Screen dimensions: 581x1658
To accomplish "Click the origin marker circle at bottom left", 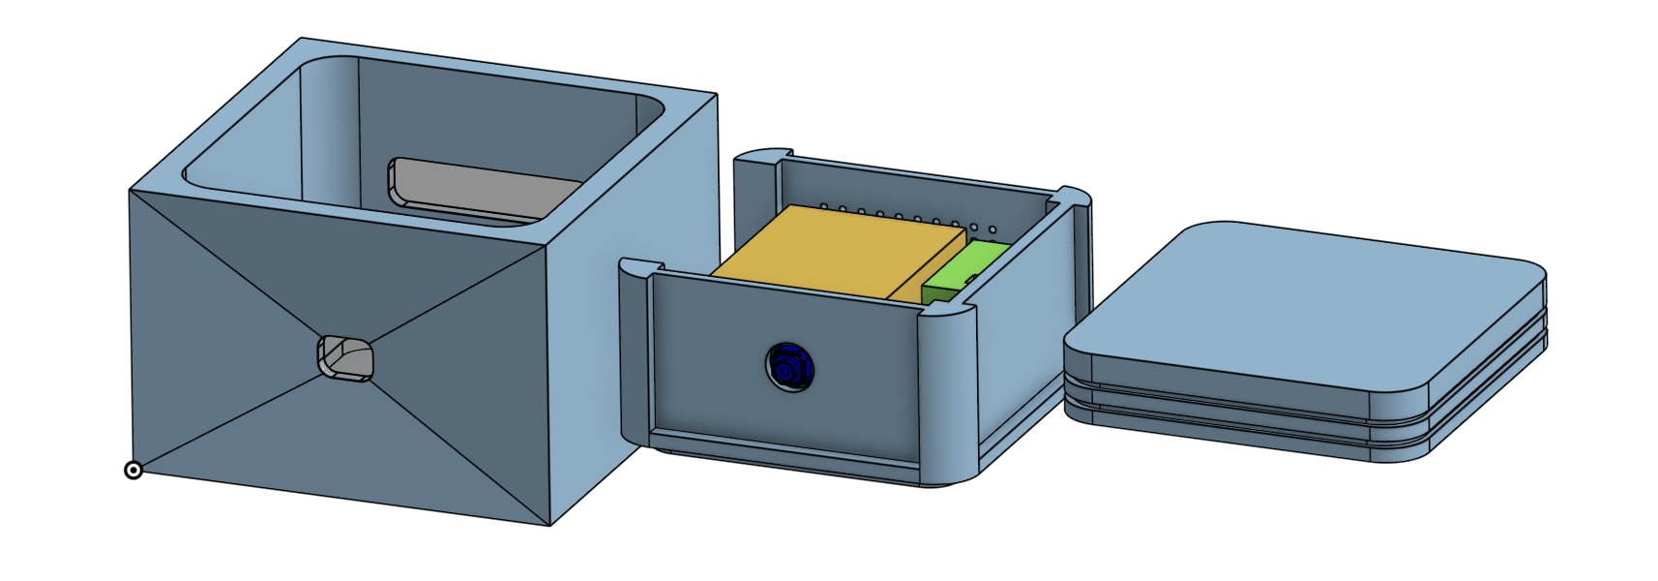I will (133, 471).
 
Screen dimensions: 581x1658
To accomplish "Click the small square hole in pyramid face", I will (345, 359).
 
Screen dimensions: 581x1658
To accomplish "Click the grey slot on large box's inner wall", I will (484, 189).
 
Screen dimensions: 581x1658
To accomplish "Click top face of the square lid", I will (1306, 310).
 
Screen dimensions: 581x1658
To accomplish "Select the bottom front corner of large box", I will (550, 524).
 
